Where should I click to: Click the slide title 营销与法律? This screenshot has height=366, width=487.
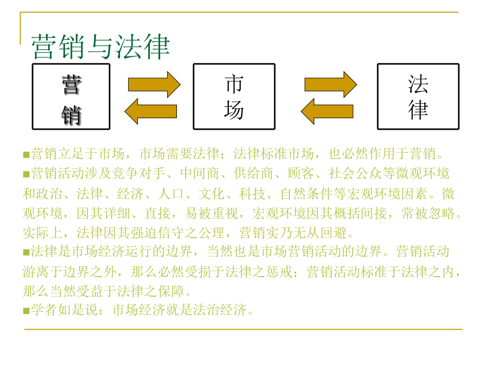coord(101,47)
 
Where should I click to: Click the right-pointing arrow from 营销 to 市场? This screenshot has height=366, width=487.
coord(154,85)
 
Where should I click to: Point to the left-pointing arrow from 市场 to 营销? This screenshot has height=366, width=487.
coord(150,111)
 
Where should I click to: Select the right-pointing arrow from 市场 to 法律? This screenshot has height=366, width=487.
coord(331,85)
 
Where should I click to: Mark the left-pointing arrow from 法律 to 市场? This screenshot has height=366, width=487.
coord(327,111)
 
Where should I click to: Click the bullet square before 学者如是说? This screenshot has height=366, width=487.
coord(27,311)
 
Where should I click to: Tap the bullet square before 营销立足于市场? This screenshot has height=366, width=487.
coord(27,155)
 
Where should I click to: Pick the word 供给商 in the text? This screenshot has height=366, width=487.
coord(254,174)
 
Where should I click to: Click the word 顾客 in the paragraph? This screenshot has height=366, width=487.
coord(301,174)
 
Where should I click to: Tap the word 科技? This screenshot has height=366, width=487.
coord(252,194)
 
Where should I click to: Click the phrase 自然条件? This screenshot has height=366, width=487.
coord(307,194)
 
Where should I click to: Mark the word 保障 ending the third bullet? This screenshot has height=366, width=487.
coord(171,291)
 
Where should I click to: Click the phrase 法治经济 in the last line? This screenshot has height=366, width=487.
coord(220,310)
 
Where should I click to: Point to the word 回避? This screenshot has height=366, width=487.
coord(333,233)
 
